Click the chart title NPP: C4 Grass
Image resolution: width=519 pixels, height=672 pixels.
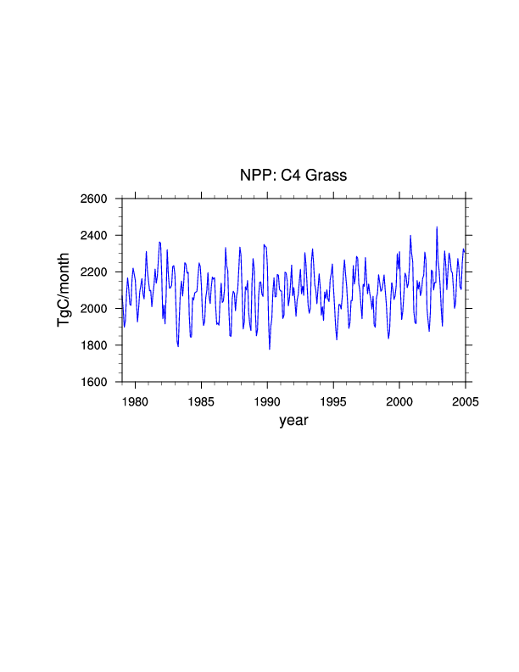coord(294,176)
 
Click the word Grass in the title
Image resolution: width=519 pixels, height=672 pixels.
coord(328,176)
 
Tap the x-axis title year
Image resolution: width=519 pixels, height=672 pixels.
coord(294,419)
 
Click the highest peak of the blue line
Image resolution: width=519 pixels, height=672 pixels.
coord(437,227)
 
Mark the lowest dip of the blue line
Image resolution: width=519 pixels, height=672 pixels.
coord(270,349)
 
